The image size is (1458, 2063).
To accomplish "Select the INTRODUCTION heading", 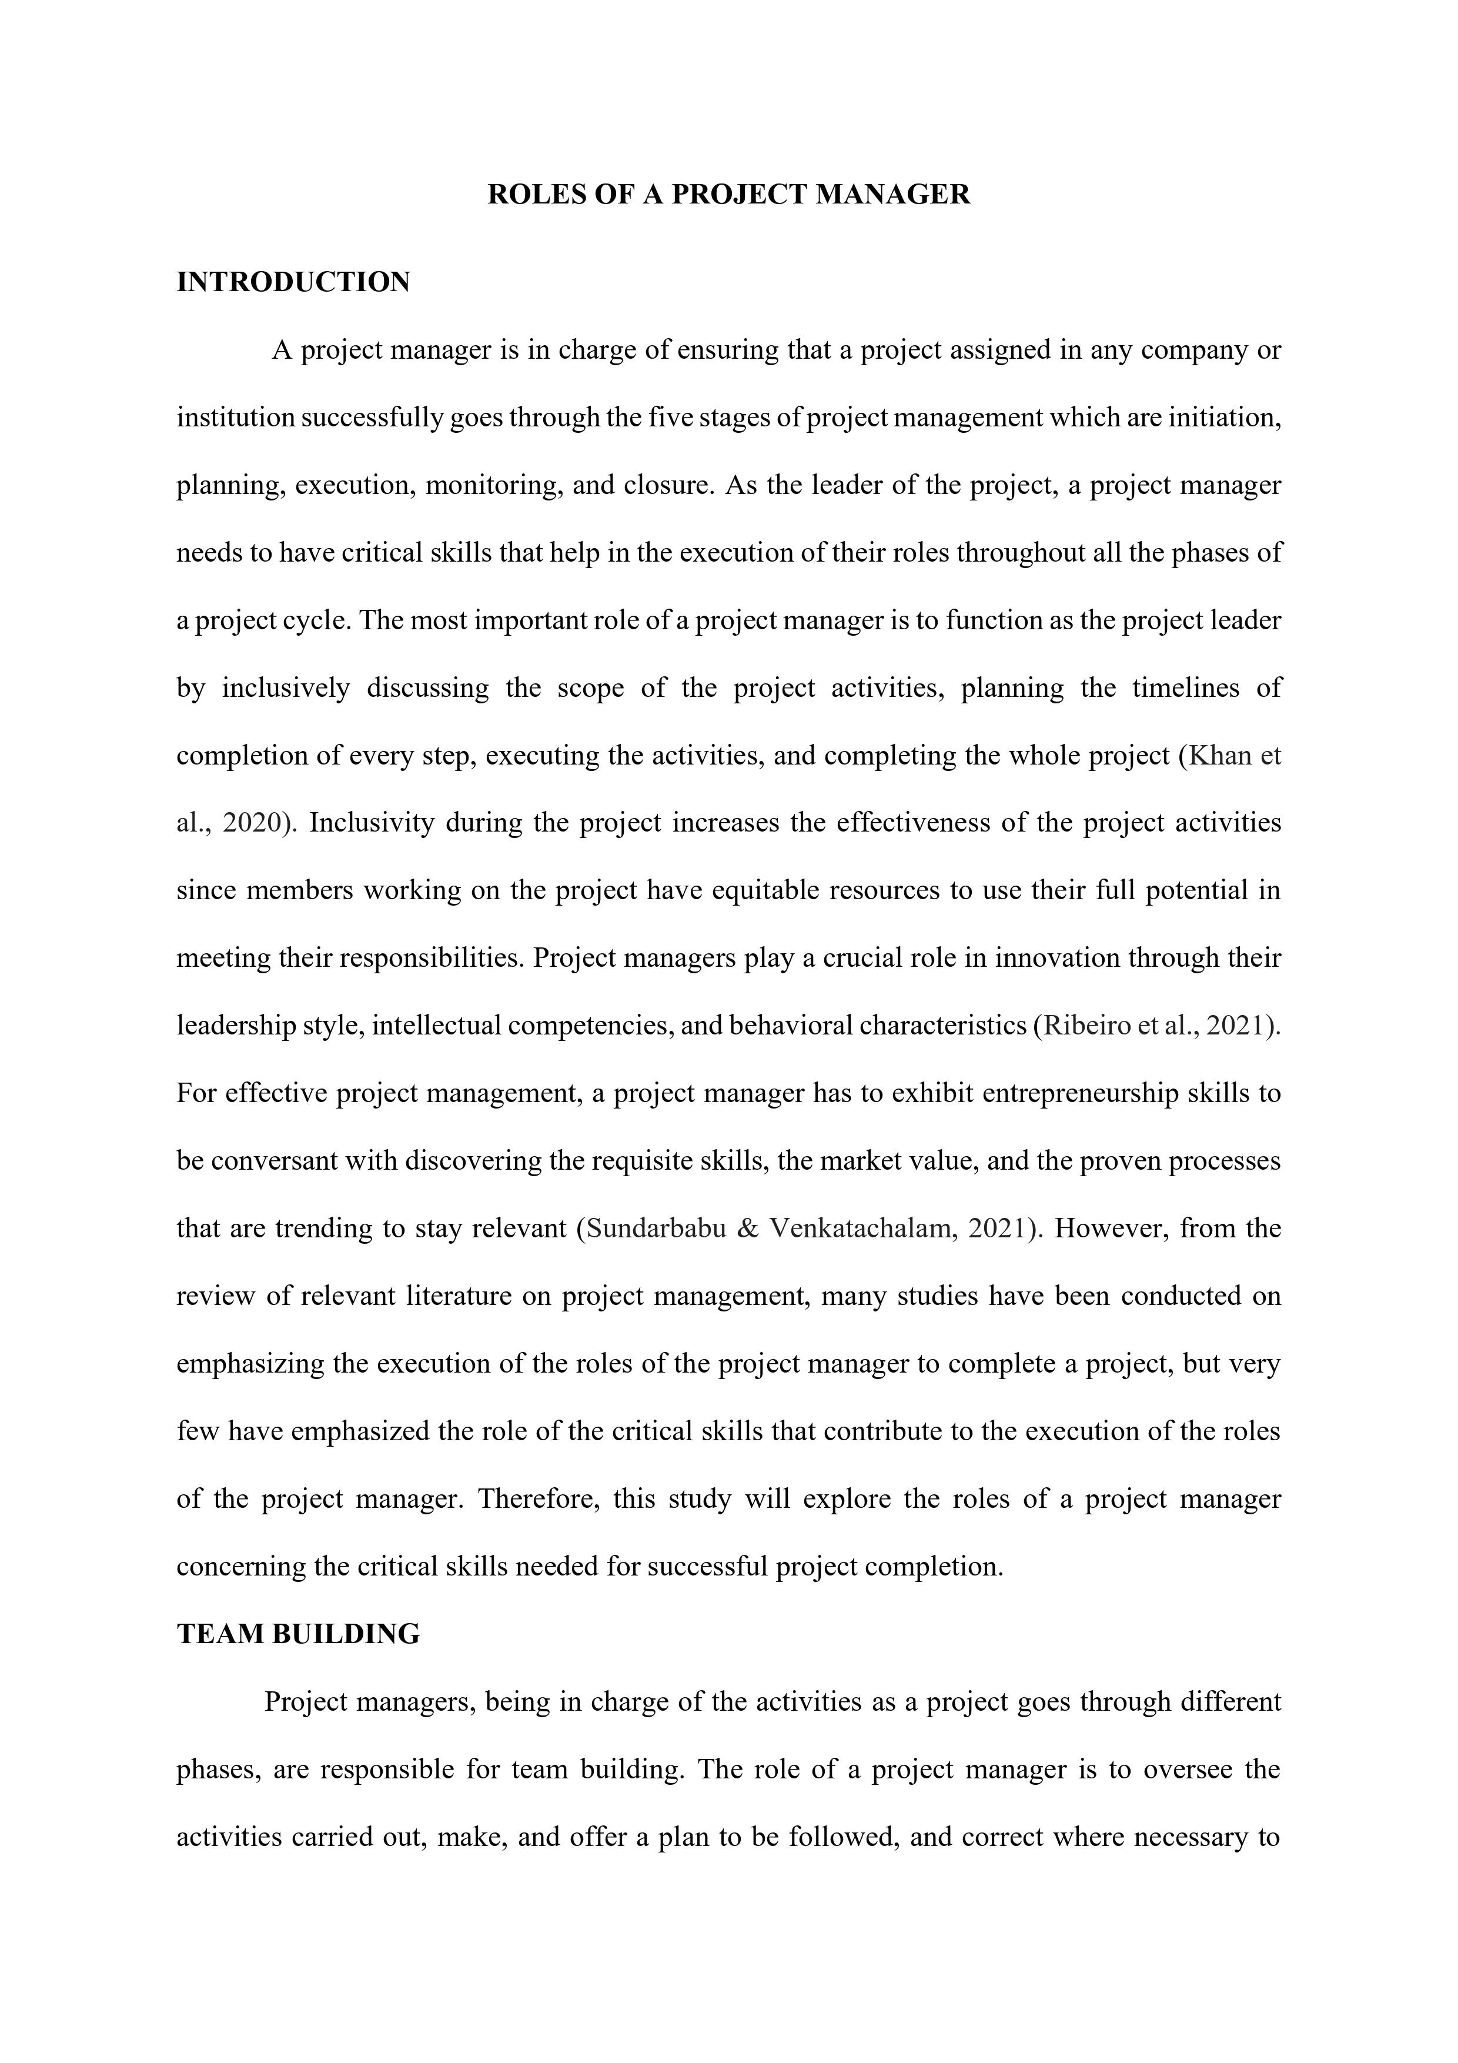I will [293, 282].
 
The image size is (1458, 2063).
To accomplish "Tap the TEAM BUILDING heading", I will [298, 1634].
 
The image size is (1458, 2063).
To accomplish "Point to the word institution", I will [235, 418].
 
